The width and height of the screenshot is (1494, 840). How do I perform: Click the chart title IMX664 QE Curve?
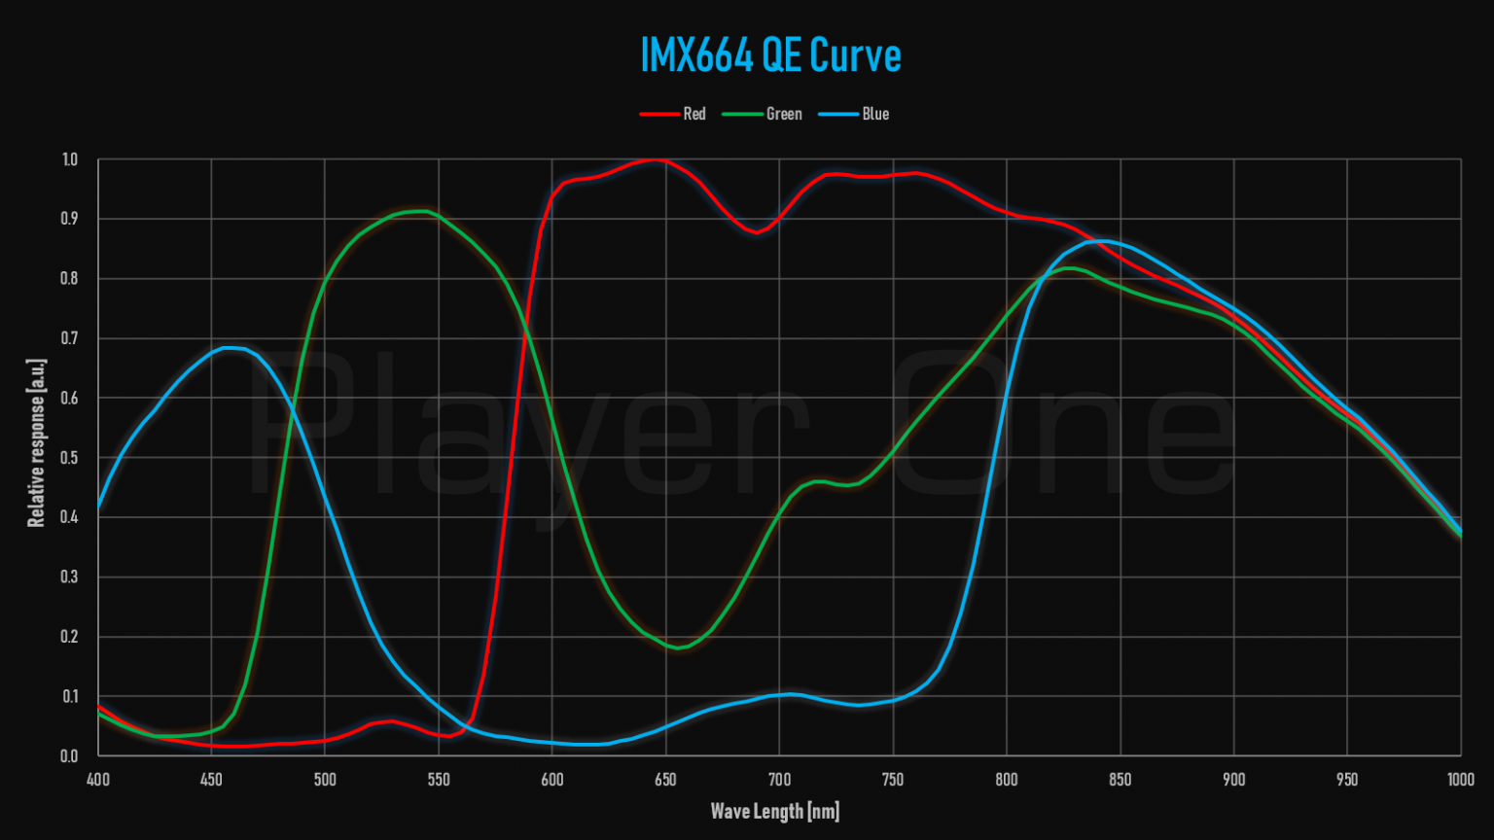click(x=770, y=55)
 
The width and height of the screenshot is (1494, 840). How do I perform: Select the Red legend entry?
click(x=694, y=114)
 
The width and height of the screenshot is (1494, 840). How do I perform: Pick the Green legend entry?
click(x=783, y=114)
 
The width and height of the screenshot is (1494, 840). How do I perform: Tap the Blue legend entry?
click(x=874, y=114)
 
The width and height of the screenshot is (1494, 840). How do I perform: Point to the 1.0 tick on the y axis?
click(x=69, y=159)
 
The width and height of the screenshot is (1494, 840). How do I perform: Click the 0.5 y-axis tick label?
click(x=69, y=458)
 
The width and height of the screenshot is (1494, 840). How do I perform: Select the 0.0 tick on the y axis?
click(x=69, y=756)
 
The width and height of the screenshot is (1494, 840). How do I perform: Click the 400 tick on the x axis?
click(x=97, y=780)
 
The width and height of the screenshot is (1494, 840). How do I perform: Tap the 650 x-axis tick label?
click(x=665, y=780)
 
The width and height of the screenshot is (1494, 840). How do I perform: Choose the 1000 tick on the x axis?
click(x=1460, y=780)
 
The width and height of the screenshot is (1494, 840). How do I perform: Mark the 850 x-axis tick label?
click(x=1120, y=780)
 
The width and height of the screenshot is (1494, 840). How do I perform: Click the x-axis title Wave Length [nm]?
click(x=774, y=811)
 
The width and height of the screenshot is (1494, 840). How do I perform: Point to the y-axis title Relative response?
click(x=37, y=442)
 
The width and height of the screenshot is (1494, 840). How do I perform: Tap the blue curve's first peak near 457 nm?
click(x=230, y=347)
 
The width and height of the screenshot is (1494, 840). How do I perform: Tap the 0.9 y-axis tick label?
click(x=69, y=219)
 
